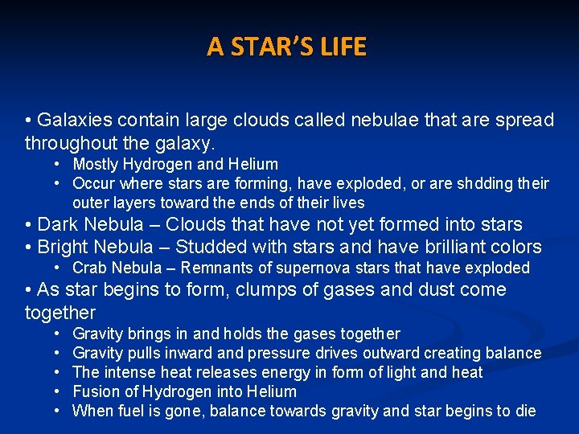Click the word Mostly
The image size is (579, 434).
click(x=97, y=164)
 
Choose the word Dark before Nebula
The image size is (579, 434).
click(x=57, y=224)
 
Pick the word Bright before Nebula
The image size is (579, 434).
click(x=64, y=247)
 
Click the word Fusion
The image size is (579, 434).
click(x=96, y=391)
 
